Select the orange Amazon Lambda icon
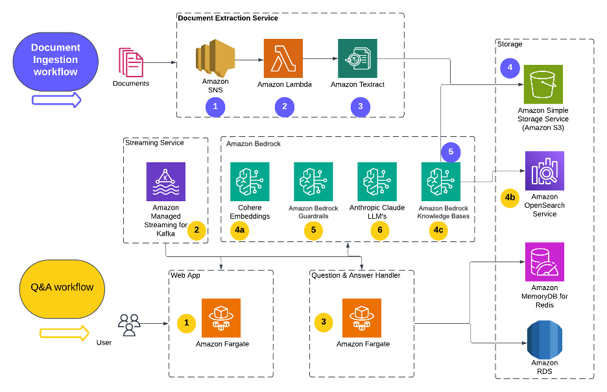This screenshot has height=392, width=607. coord(283,58)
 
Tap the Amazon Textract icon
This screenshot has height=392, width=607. coord(357,58)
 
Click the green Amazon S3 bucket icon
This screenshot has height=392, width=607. coord(543,84)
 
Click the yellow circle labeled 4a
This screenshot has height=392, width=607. coord(241,230)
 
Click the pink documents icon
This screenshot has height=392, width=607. coord(130,62)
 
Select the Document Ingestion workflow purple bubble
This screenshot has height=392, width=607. coord(56,60)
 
